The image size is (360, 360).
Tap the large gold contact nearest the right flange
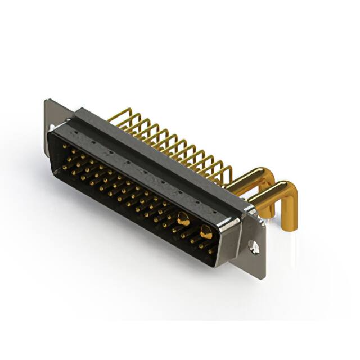point(206,231)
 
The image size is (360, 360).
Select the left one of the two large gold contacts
point(183,219)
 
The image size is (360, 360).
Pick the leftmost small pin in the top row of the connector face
point(64,147)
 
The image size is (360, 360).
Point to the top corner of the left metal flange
point(48,101)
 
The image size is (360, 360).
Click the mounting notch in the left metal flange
point(51,128)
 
